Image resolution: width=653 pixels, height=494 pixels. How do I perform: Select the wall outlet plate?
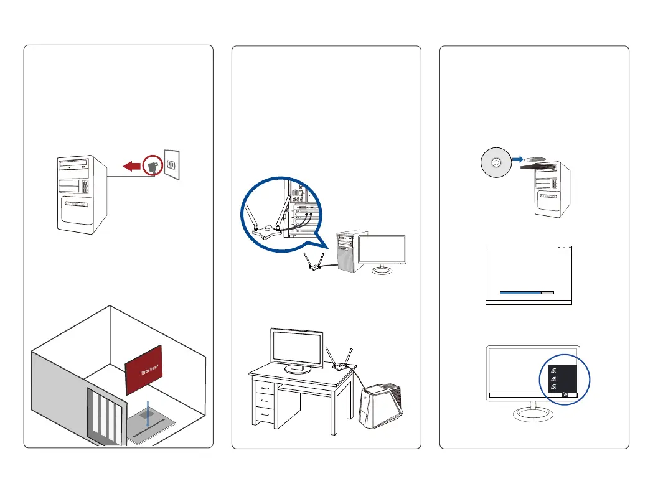[171, 165]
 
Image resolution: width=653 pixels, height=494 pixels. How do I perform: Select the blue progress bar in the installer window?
[520, 291]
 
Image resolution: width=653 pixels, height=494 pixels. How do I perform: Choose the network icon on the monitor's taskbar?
[565, 394]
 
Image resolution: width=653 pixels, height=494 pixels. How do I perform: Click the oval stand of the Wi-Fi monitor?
[533, 412]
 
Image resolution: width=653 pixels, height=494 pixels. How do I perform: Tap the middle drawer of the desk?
[266, 399]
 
